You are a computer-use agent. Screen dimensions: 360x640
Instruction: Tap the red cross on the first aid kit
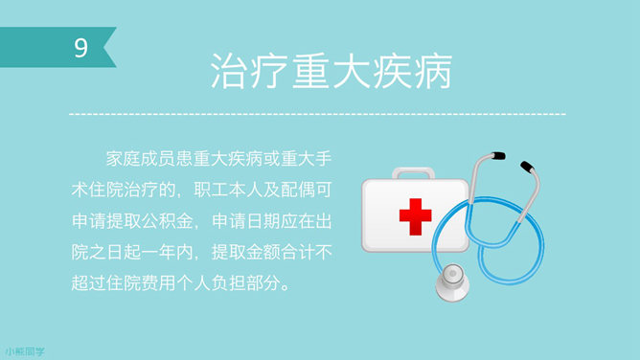pos(416,216)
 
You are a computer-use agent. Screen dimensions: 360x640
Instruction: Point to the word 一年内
pos(174,253)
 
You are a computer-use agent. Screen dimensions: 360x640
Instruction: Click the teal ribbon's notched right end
pos(110,48)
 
